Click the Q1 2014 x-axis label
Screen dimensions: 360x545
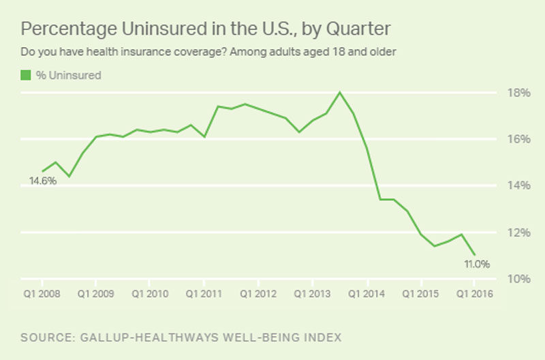pos(367,295)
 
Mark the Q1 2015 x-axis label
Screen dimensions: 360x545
pos(420,295)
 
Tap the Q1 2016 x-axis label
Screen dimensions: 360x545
pos(474,295)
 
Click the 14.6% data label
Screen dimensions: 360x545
pos(42,181)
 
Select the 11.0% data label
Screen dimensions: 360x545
pos(477,264)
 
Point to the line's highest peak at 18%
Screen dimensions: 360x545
pos(340,92)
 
